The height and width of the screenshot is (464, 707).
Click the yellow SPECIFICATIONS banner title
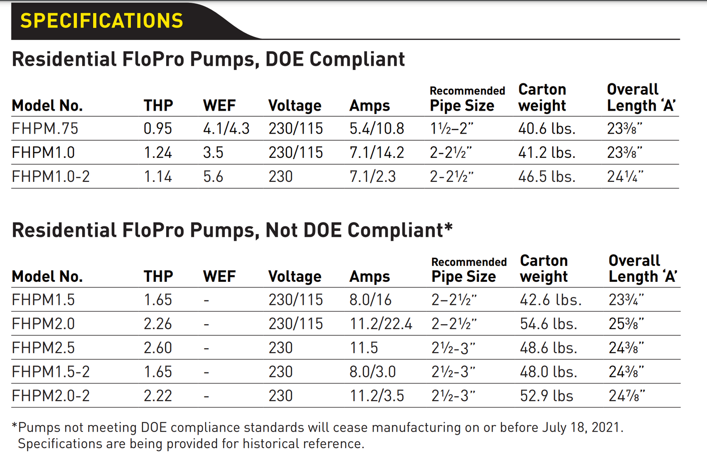pos(102,21)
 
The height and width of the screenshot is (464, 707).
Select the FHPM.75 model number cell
pos(45,129)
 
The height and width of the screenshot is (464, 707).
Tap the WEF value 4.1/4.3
pos(226,129)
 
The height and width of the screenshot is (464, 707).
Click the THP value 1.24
pos(158,153)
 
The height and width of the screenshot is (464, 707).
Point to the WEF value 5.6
pos(213,176)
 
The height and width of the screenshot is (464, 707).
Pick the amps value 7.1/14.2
pos(376,153)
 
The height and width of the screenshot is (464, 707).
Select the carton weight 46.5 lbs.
pos(547,176)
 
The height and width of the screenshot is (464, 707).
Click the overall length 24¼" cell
pos(625,176)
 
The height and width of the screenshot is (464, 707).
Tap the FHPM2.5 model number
pos(43,348)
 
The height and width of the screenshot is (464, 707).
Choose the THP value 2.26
pos(158,324)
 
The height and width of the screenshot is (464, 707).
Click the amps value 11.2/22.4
pos(381,324)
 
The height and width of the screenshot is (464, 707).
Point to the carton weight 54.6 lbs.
pos(548,324)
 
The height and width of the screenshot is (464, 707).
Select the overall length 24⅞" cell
pos(627,395)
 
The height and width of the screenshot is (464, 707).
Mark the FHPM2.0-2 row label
pos(50,395)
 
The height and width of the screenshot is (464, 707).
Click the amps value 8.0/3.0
pos(373,372)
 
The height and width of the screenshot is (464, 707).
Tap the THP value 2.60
pos(158,348)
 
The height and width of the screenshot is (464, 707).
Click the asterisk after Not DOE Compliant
pos(449,227)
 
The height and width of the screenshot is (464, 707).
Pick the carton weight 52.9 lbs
pos(546,395)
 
